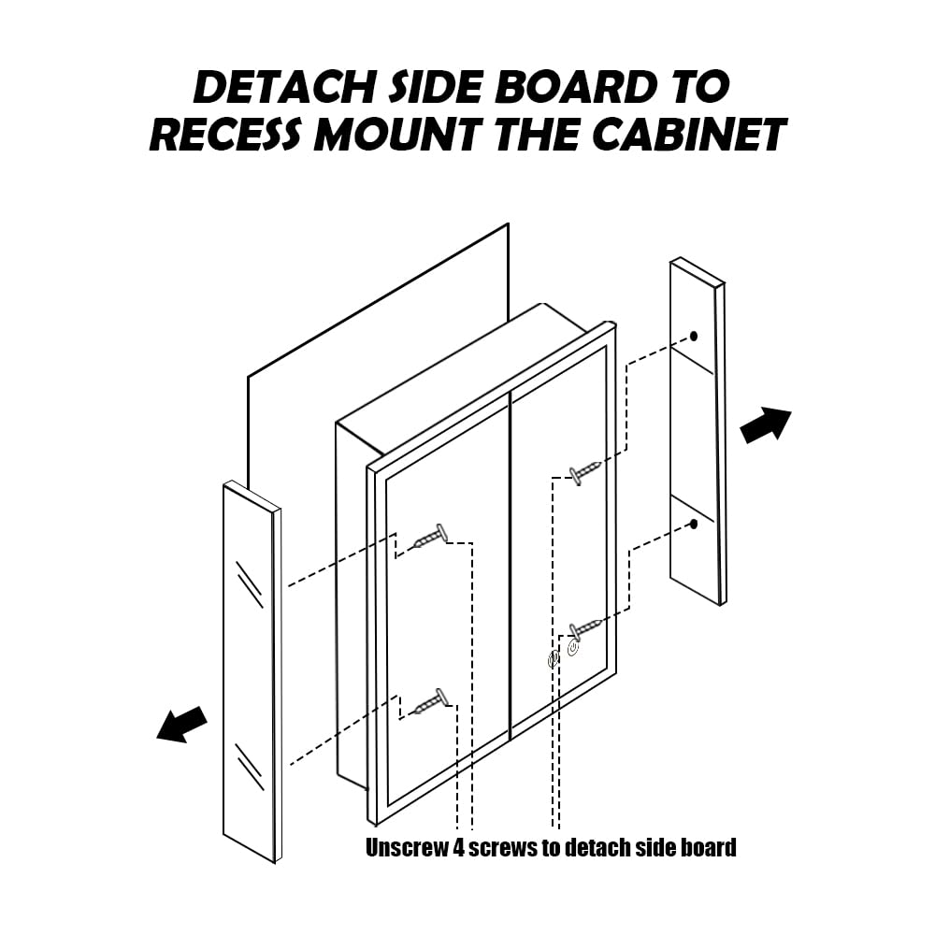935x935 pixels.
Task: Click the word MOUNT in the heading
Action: [x=397, y=134]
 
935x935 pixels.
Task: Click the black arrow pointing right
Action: [x=766, y=425]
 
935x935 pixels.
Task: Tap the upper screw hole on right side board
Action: [x=694, y=337]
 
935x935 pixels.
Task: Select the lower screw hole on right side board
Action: [x=694, y=525]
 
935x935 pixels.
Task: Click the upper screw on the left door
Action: [x=431, y=537]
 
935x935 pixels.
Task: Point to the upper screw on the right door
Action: [x=584, y=471]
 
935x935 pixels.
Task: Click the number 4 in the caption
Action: [x=458, y=847]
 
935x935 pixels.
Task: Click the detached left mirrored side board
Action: [x=252, y=671]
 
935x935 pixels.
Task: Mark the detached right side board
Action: [x=698, y=431]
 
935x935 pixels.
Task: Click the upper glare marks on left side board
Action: [x=250, y=584]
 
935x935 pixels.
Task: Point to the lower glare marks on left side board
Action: [x=250, y=768]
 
